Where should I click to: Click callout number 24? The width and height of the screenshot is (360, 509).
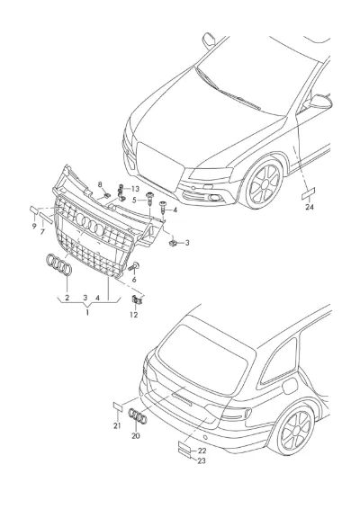(x=310, y=207)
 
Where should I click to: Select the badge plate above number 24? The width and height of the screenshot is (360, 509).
(x=309, y=193)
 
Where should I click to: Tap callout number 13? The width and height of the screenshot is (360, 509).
(x=135, y=189)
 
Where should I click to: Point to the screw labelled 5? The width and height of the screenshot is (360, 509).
(x=149, y=199)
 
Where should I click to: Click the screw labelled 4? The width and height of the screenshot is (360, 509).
(x=163, y=207)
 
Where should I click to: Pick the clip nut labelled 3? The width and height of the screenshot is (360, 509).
(x=173, y=242)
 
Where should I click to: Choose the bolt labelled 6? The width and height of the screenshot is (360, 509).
(x=134, y=267)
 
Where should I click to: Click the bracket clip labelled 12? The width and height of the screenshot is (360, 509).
(x=137, y=300)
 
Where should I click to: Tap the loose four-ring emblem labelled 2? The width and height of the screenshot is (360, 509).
(x=59, y=264)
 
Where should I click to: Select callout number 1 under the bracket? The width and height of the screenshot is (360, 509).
(x=87, y=313)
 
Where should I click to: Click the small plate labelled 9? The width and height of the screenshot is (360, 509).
(x=34, y=210)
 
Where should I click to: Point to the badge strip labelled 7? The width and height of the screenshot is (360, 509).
(x=46, y=218)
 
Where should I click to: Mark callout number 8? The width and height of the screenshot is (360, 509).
(x=100, y=184)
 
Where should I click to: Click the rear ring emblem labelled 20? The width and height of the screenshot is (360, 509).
(x=138, y=415)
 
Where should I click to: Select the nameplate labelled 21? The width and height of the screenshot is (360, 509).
(x=118, y=406)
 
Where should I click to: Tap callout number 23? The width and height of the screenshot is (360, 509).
(x=202, y=460)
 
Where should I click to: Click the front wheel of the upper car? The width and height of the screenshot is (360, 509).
(x=264, y=184)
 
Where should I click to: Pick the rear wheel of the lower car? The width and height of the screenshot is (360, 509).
(x=295, y=431)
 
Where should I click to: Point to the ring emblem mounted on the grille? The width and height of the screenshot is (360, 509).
(x=90, y=224)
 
